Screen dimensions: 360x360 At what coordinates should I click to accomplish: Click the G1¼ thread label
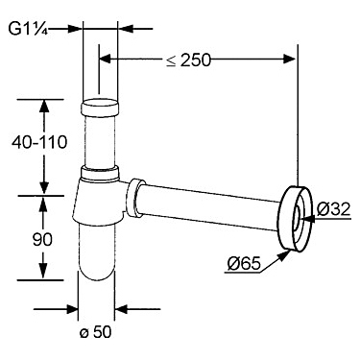(x=28, y=29)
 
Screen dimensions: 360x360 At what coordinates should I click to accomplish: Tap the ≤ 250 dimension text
(x=189, y=60)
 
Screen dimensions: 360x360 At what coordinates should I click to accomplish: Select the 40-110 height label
(x=39, y=142)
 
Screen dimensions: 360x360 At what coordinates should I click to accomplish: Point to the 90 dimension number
(x=42, y=239)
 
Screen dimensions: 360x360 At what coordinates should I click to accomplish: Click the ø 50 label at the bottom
(x=96, y=332)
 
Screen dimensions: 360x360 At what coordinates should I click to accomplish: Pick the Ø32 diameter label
(x=334, y=209)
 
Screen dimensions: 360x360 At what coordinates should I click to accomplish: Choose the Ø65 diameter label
(x=244, y=264)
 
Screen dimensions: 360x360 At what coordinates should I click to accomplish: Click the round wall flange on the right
(x=295, y=219)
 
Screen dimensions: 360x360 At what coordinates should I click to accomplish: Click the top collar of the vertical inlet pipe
(x=101, y=108)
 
